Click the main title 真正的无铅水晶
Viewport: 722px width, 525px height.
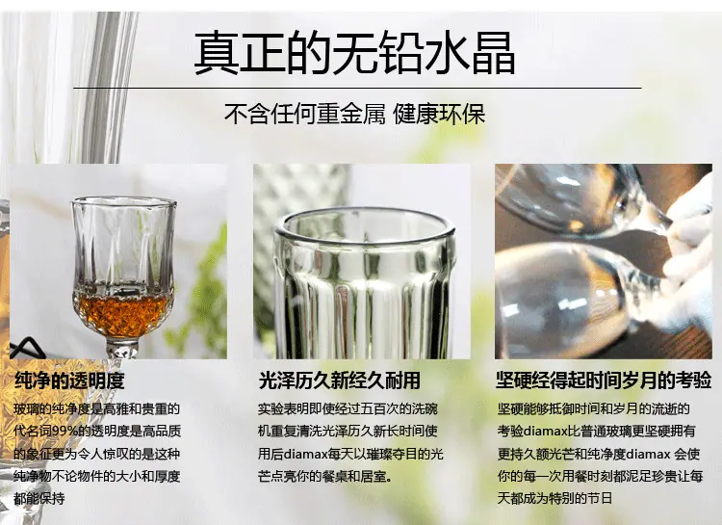[354, 52]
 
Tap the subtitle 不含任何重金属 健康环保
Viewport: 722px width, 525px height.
[354, 114]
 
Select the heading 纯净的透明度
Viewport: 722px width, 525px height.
[69, 381]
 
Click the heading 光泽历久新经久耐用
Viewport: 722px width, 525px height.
[340, 381]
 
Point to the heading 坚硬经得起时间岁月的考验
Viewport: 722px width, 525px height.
[604, 381]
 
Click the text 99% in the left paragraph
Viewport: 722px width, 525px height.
[61, 432]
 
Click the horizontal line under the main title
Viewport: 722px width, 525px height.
[357, 87]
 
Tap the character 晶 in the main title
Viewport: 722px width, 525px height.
[493, 52]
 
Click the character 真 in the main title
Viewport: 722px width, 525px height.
[217, 52]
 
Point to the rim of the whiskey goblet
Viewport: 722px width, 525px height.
[124, 201]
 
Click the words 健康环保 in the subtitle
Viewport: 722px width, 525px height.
[439, 114]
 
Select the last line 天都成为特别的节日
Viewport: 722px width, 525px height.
[554, 498]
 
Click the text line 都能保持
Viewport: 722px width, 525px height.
[39, 498]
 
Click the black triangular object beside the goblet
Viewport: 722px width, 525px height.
[27, 348]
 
